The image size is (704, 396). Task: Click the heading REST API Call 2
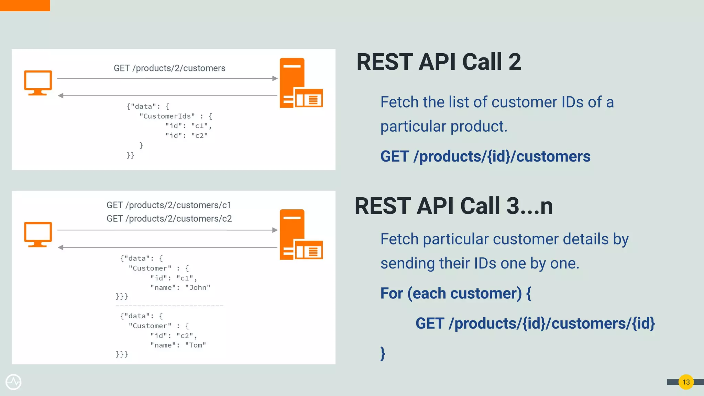pos(439,62)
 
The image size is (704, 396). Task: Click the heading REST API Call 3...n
pos(453,206)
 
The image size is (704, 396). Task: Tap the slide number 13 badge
pos(686,382)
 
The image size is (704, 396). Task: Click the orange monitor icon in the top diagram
pos(38,82)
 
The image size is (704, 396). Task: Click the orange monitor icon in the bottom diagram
pos(38,234)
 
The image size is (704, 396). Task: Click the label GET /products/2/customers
pos(169,68)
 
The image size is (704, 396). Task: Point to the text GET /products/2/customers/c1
pos(169,205)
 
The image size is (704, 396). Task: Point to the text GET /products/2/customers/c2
pos(169,219)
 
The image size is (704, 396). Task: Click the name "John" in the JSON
pos(198,288)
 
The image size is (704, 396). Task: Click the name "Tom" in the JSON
pos(196,345)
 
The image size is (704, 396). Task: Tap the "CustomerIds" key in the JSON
pos(167,116)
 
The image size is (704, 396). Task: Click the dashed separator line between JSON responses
pos(169,306)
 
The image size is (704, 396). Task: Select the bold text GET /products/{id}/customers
pos(485,157)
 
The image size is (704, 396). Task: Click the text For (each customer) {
pos(455,294)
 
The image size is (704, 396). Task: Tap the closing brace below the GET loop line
pos(383,353)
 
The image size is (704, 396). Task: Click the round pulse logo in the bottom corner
pos(13,382)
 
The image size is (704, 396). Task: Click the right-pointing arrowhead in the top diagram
pos(275,78)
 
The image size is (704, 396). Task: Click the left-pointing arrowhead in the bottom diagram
pos(60,247)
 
